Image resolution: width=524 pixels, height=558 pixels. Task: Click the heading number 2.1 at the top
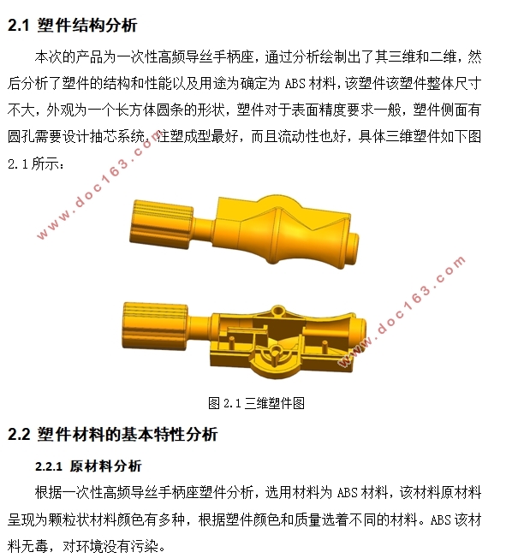pos(18,26)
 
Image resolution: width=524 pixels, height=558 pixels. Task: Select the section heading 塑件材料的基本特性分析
pos(128,435)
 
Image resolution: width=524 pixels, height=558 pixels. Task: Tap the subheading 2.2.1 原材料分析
pos(88,466)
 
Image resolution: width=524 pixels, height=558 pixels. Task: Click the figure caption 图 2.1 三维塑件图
pos(256,403)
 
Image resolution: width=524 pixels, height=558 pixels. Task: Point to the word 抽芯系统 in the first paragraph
pos(117,137)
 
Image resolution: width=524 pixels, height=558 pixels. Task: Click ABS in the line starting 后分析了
pos(295,84)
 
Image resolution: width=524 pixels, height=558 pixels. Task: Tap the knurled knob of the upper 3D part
pos(161,225)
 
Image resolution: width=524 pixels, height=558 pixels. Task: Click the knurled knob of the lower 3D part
pos(155,326)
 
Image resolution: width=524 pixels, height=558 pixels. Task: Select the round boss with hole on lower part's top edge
pos(277,311)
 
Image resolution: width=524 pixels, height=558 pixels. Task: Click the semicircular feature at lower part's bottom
pos(276,360)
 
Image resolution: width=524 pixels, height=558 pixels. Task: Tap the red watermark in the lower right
pos(402,311)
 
